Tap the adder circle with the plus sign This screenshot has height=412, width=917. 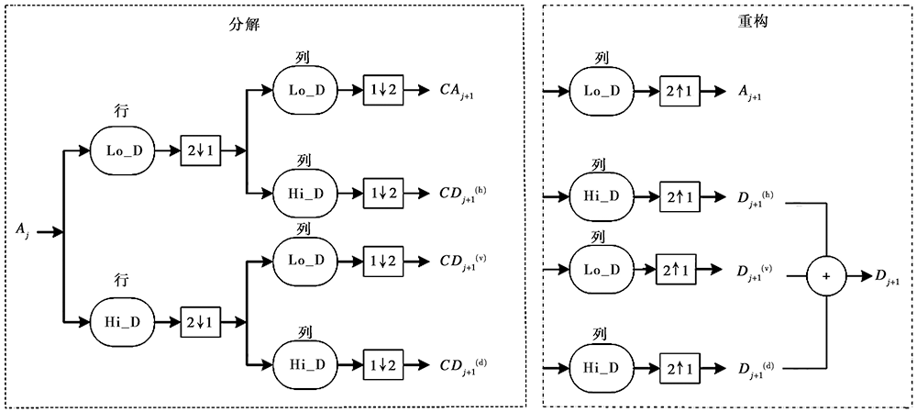(x=828, y=275)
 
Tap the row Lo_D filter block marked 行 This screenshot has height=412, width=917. (x=124, y=148)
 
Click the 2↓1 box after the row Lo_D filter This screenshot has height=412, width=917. (x=201, y=148)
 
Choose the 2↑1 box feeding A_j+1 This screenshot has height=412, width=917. (x=681, y=91)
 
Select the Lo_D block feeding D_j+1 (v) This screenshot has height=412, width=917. (x=602, y=270)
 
